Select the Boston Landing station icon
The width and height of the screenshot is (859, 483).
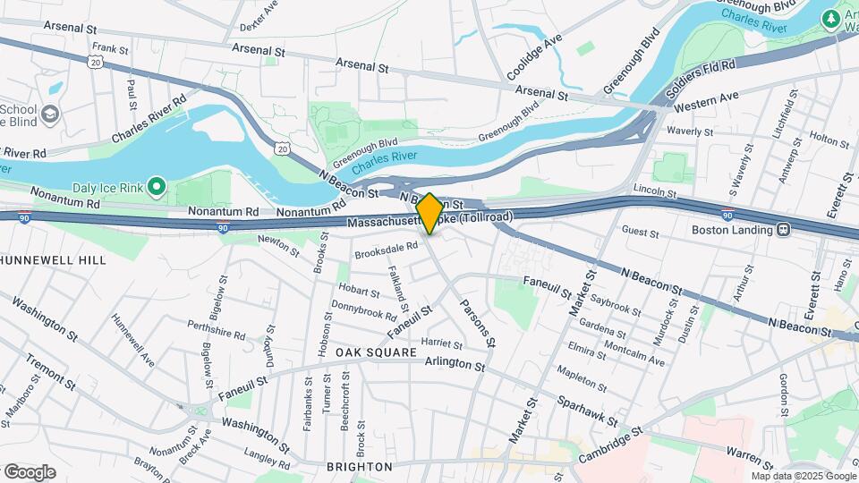[x=783, y=229]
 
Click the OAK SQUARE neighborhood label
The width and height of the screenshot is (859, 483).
[x=376, y=353]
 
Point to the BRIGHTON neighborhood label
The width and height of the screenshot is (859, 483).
[x=360, y=467]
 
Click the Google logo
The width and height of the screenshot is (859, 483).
[x=30, y=471]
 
